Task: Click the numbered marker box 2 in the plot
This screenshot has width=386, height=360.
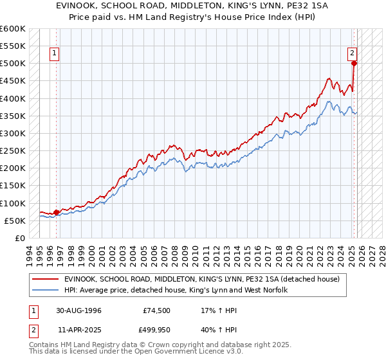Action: [x=353, y=54]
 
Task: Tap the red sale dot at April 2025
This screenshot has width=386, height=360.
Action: [x=354, y=63]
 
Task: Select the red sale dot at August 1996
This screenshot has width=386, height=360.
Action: [x=56, y=212]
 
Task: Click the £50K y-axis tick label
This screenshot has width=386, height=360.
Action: [x=15, y=221]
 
